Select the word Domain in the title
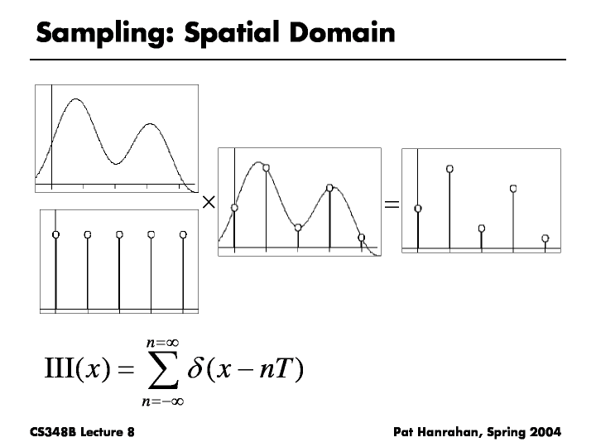pyautogui.click(x=343, y=32)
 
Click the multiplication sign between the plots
pyautogui.click(x=209, y=202)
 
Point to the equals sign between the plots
pyautogui.click(x=392, y=204)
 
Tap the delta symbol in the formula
pyautogui.click(x=195, y=368)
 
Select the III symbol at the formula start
pyautogui.click(x=59, y=368)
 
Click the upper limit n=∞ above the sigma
pyautogui.click(x=163, y=343)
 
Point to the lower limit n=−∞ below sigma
pyautogui.click(x=163, y=401)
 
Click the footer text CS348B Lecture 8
pyautogui.click(x=82, y=432)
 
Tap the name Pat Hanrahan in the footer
pyautogui.click(x=438, y=433)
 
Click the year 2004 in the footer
pyautogui.click(x=546, y=432)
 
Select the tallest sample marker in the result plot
pyautogui.click(x=449, y=169)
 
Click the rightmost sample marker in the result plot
pyautogui.click(x=545, y=238)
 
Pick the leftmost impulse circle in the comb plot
pyautogui.click(x=56, y=234)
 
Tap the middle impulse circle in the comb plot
pyautogui.click(x=119, y=234)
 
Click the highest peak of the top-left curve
pyautogui.click(x=76, y=99)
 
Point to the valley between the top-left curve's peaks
pyautogui.click(x=116, y=164)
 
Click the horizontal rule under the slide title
pyautogui.click(x=298, y=60)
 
